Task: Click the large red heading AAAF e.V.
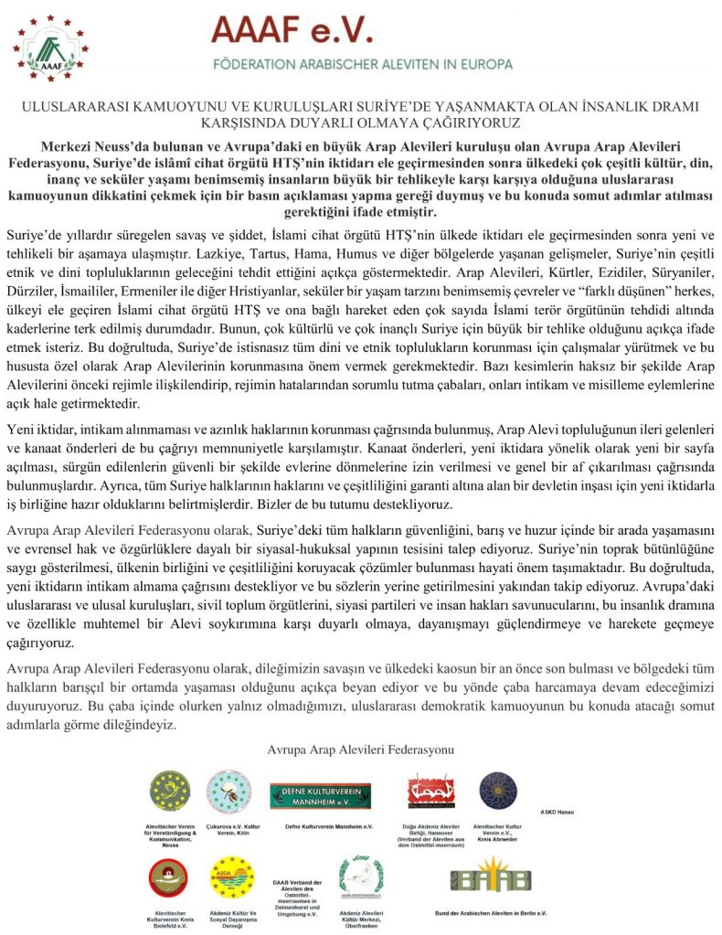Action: [292, 32]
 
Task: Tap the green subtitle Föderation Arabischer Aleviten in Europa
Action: [362, 66]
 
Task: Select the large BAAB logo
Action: [491, 877]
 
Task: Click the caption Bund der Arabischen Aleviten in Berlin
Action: [491, 913]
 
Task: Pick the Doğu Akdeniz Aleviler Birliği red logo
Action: [428, 792]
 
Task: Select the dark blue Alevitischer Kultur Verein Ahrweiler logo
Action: [497, 791]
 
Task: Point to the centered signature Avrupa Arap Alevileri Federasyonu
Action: [360, 749]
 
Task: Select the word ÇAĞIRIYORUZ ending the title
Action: [475, 121]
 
